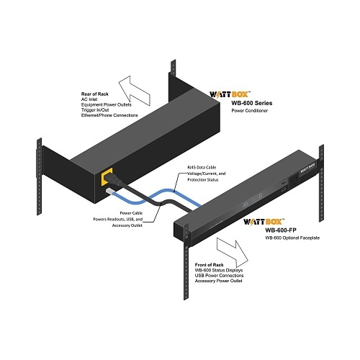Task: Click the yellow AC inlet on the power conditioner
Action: coord(107,177)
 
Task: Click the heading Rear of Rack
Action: coord(95,94)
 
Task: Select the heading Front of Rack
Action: coord(209,265)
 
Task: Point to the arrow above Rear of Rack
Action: coord(135,91)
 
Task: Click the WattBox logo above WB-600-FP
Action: coord(264,222)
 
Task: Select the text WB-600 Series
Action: coord(252,103)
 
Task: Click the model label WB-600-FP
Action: coord(281,230)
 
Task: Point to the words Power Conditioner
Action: coord(250,111)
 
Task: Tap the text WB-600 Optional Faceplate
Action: coord(292,238)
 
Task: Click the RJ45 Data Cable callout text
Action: coord(202,167)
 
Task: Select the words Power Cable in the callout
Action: coord(131,213)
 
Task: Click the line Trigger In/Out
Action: coord(95,110)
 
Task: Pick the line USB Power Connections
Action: coord(219,276)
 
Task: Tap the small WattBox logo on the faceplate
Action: coord(307,168)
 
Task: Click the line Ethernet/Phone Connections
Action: coord(109,115)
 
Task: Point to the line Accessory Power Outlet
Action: coord(218,281)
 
